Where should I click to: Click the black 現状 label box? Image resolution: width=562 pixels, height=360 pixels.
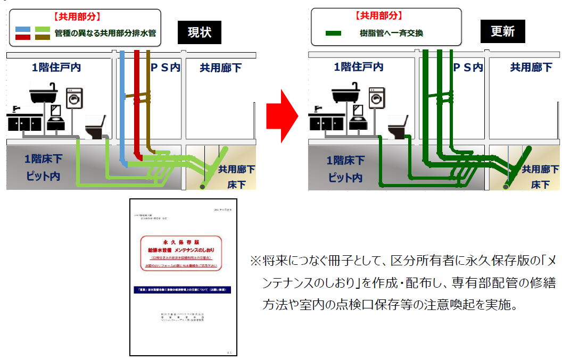200,32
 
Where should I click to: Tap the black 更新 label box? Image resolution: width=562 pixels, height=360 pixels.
502,31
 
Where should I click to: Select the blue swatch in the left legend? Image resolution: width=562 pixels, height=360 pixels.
23,29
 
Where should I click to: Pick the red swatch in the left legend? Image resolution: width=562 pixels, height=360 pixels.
23,37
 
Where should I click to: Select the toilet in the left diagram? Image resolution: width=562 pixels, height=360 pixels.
97,128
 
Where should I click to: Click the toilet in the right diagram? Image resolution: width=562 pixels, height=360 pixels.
400,128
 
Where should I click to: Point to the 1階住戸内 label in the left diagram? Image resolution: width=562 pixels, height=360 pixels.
56,68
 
